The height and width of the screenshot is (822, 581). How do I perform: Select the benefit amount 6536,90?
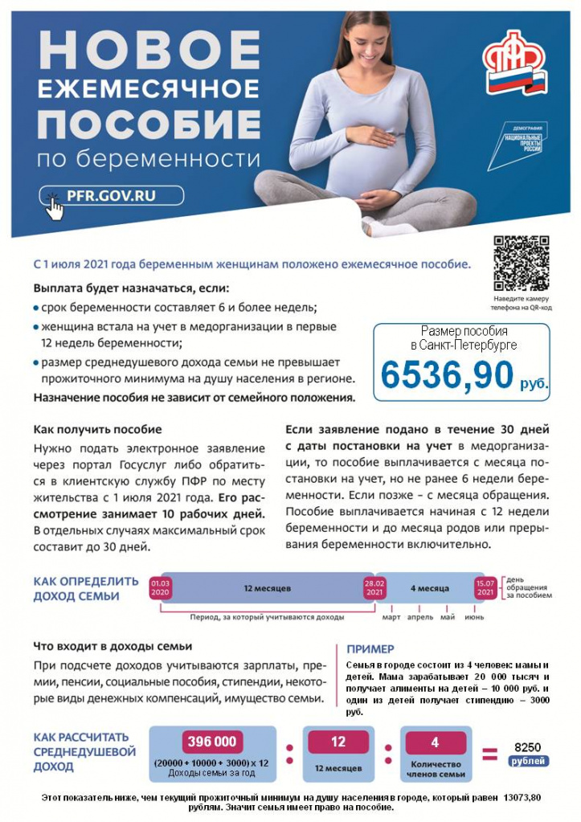[447, 374]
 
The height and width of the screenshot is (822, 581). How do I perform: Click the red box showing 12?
[338, 742]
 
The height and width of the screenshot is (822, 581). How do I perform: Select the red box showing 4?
[435, 742]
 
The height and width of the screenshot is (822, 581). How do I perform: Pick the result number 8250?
[527, 746]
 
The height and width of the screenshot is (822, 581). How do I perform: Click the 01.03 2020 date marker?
[161, 587]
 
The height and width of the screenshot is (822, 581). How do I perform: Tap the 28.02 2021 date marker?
[375, 587]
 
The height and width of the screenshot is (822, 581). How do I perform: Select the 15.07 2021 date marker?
[485, 587]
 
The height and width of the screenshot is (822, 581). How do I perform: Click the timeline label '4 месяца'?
[430, 588]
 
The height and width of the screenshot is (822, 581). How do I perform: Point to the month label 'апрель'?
[419, 617]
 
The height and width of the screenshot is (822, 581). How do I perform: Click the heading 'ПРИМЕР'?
[370, 649]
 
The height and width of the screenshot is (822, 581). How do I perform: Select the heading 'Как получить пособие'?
[97, 429]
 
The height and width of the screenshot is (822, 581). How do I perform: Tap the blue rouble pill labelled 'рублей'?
[527, 760]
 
